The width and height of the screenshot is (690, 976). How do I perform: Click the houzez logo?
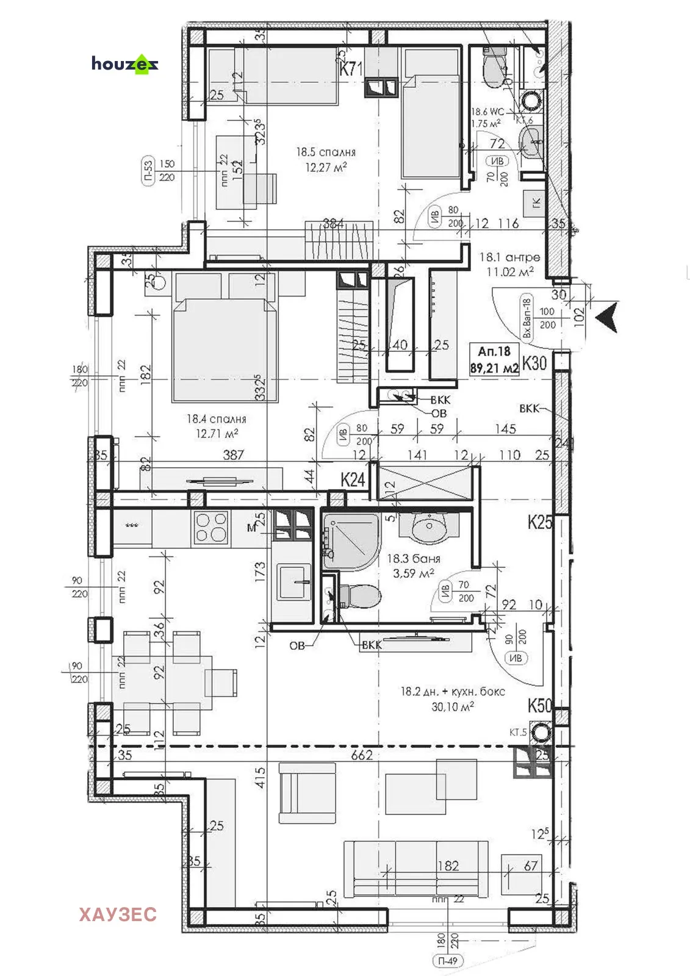125,63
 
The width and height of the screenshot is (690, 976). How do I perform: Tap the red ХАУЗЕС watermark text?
118,914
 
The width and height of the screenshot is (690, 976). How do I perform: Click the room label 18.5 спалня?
326,152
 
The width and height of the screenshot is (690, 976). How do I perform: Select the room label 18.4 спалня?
217,419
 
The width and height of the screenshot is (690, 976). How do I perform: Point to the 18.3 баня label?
413,559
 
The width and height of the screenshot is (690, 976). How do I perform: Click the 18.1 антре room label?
509,257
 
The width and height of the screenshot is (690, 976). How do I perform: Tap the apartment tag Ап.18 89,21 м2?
494,360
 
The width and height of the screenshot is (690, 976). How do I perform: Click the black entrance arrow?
606,317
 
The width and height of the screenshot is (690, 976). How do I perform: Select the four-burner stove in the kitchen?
210,528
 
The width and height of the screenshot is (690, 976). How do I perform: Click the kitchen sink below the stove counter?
294,582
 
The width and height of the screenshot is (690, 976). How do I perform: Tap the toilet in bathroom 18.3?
360,596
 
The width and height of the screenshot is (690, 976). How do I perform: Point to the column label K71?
351,69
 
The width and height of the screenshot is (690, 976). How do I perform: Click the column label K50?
539,706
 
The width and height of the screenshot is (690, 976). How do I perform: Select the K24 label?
352,479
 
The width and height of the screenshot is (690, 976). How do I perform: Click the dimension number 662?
361,755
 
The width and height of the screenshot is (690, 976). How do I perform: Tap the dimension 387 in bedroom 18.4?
233,454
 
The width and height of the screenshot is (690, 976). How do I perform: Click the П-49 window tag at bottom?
448,961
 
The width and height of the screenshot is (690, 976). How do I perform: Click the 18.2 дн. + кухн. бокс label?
452,692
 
